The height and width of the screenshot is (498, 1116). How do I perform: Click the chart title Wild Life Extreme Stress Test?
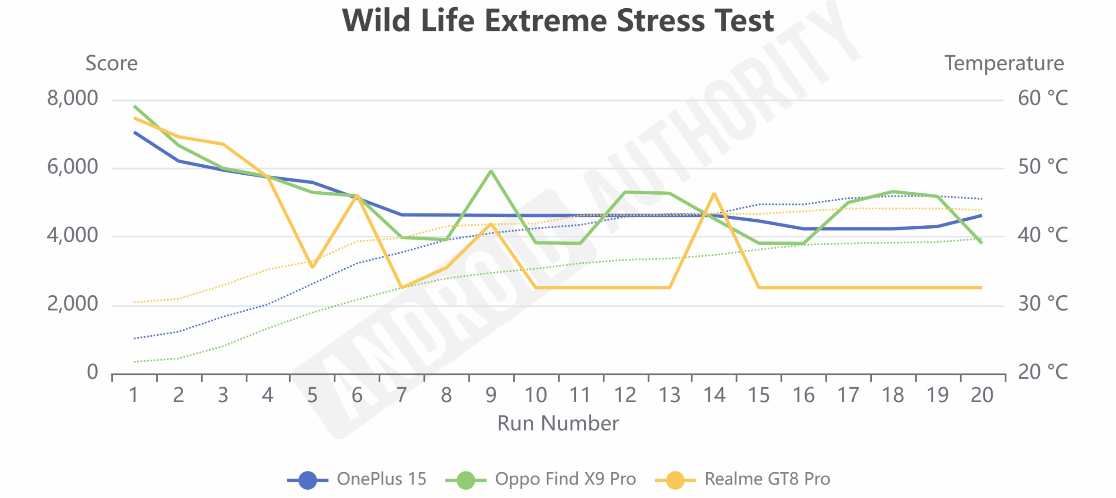pos(558,21)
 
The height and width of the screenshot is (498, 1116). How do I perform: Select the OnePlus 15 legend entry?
pos(357,479)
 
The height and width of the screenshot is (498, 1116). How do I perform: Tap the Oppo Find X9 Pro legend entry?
pos(541,479)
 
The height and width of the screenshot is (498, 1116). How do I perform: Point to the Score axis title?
pos(112,64)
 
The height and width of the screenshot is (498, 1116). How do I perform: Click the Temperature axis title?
pos(1004,64)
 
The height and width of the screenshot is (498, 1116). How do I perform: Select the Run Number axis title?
pos(558,423)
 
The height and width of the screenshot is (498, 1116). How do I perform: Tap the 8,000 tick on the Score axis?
pos(72,98)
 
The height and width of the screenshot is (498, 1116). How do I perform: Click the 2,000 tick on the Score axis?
pos(72,304)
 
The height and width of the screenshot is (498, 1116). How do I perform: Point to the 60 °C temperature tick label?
pos(1042,98)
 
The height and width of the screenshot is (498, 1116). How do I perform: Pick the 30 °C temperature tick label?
pos(1042,304)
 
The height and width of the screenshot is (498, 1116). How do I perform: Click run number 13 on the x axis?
pos(669,396)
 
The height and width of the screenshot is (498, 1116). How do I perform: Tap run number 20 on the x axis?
pos(982,396)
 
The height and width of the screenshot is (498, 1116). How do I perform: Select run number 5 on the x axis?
pos(312,396)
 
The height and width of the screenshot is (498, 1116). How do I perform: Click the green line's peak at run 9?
pos(491,171)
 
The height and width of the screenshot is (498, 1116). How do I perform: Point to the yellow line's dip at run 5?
pos(312,267)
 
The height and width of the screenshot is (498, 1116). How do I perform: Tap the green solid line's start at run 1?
pos(135,106)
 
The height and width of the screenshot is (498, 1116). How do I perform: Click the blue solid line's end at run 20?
pos(981,216)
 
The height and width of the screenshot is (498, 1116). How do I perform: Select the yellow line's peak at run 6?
pos(357,196)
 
